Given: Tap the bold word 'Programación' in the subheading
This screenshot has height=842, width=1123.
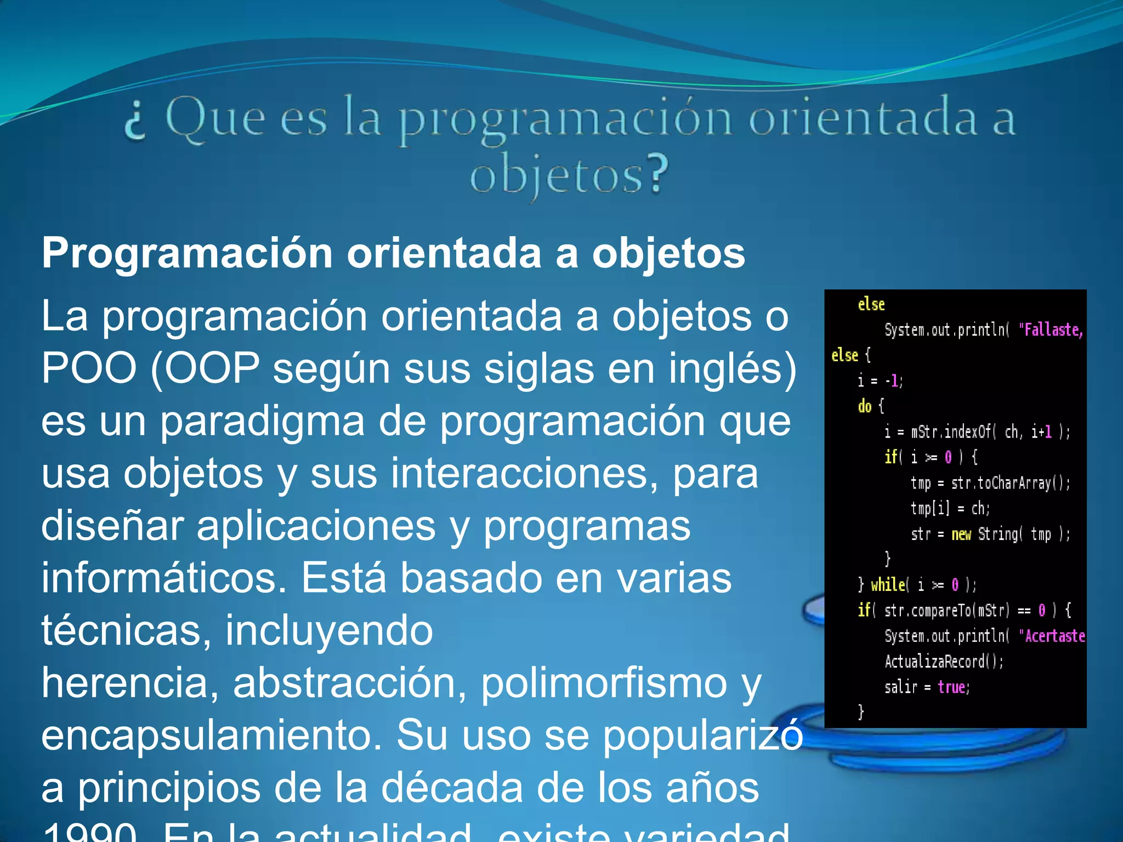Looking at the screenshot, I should pos(187,254).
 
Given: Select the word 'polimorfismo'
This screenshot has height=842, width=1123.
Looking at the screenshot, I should pos(604,684).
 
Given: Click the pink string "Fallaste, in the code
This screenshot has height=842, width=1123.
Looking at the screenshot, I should pos(1051,330).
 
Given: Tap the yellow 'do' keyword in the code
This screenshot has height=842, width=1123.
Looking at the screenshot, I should pos(865,406).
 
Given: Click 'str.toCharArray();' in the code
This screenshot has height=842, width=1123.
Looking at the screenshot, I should pos(1010,483).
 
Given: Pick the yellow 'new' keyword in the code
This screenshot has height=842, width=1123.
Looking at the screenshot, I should pos(961,534).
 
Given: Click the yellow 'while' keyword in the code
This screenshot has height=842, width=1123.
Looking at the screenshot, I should pos(888,585).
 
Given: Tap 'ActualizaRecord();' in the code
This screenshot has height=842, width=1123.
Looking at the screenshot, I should pos(944,662).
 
